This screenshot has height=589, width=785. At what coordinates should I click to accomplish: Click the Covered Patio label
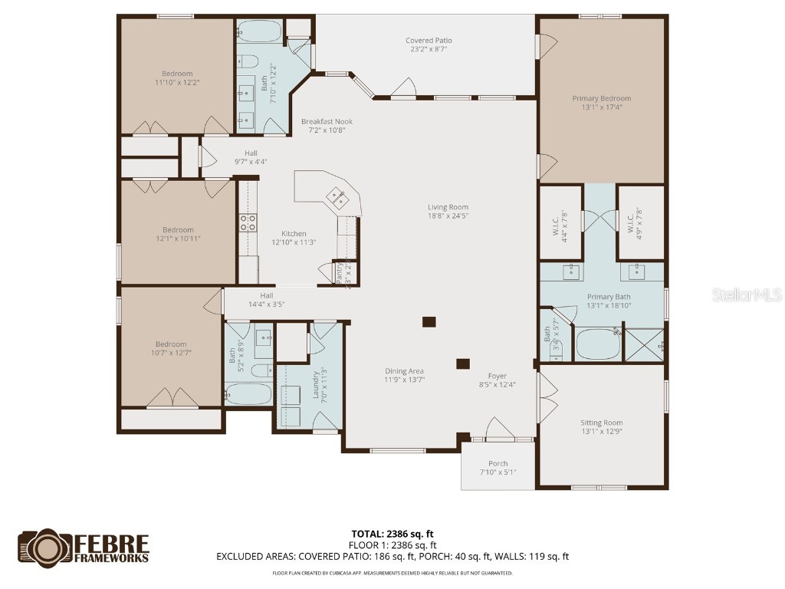(429, 41)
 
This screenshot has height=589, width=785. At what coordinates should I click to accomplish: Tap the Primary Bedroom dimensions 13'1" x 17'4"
(602, 108)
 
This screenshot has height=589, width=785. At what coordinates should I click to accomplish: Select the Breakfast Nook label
(327, 121)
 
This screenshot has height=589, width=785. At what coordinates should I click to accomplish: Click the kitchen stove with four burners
(248, 222)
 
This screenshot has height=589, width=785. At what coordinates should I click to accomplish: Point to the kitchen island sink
(338, 197)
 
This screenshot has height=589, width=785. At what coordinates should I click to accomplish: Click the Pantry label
(340, 274)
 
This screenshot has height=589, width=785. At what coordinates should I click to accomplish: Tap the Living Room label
(448, 207)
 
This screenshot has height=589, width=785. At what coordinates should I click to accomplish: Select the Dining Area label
(404, 371)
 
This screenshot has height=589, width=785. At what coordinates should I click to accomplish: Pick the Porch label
(498, 463)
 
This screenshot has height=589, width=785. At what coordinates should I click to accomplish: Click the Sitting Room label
(602, 423)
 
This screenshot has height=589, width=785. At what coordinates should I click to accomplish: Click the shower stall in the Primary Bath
(644, 343)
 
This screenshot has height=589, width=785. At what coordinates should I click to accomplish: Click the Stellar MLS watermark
(746, 294)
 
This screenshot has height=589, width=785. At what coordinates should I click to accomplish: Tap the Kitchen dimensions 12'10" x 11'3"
(294, 242)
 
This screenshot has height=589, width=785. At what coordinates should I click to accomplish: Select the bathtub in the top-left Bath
(260, 31)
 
